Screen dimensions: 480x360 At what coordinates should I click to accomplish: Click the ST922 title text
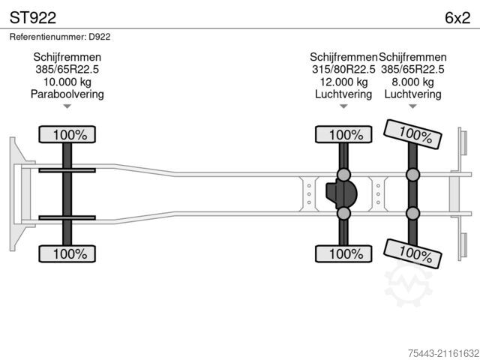pos(33,18)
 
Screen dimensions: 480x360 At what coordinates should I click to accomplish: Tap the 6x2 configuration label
pos(457,18)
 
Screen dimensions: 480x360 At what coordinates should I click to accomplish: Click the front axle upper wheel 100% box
pos(67,134)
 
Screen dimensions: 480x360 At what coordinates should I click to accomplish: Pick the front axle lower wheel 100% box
pos(67,253)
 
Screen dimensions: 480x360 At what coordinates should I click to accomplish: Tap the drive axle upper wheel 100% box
pos(343,134)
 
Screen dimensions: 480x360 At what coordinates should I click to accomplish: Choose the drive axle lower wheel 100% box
pos(343,253)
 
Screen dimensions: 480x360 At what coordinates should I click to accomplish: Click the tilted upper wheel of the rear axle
pos(412,134)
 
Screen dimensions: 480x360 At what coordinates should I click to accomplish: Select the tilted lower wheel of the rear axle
pos(412,253)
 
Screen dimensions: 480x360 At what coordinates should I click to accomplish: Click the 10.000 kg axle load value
pos(67,82)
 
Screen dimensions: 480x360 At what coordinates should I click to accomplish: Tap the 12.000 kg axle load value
pos(343,82)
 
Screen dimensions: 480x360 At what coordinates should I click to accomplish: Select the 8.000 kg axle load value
pos(412,82)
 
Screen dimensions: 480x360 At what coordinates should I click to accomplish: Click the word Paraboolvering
pos(67,94)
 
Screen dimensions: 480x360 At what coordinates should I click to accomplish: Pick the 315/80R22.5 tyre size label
pos(343,70)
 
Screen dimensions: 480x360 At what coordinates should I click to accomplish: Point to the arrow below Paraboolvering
pos(67,106)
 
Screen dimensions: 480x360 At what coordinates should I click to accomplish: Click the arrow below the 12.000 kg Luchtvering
pos(343,106)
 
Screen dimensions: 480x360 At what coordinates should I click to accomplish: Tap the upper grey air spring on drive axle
pos(343,175)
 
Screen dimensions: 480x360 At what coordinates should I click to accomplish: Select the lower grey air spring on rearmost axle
pos(412,213)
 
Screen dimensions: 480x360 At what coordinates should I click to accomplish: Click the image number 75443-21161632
pos(443,353)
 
